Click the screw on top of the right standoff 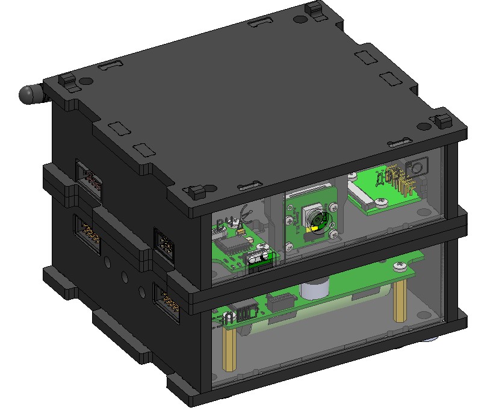click(399, 265)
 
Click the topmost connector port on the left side click(91, 179)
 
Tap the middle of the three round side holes click(124, 277)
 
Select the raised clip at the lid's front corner click(196, 193)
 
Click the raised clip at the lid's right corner click(444, 118)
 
